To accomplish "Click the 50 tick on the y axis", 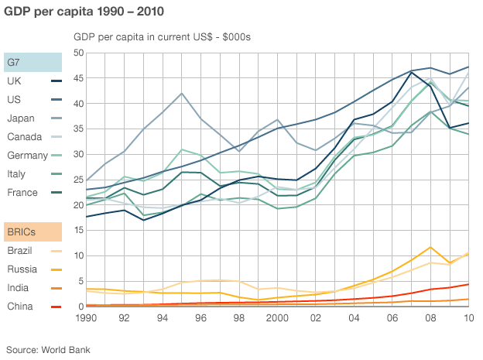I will tap(77, 53).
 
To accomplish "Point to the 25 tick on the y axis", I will tap(77, 180).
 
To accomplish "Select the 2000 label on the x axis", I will tap(278, 317).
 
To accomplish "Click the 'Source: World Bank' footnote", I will tap(48, 350).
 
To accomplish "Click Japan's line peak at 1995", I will tap(182, 94).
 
